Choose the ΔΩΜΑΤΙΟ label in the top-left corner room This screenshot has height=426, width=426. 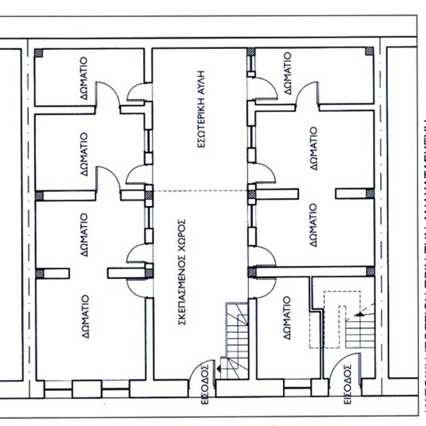85,77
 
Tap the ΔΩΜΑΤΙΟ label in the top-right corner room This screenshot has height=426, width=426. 287,73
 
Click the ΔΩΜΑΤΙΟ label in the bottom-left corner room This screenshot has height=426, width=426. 85,315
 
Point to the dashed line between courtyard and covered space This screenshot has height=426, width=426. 199,191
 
